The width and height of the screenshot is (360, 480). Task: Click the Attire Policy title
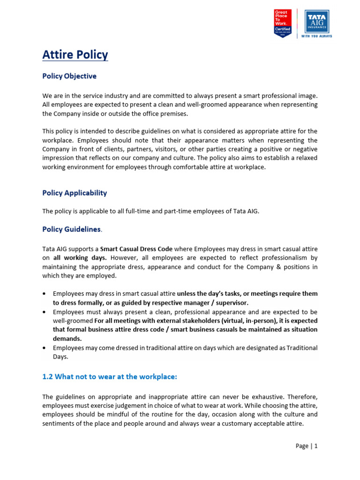tap(75, 55)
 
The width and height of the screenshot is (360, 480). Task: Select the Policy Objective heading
tap(69, 76)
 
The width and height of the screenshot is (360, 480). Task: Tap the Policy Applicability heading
tap(75, 193)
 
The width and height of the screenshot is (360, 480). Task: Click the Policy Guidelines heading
tap(71, 229)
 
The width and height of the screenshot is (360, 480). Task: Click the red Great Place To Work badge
tap(283, 23)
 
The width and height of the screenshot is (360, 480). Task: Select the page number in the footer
tap(307, 446)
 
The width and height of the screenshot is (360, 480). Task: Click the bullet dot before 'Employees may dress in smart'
tap(45, 294)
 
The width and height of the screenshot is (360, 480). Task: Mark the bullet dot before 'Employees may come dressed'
tap(45, 348)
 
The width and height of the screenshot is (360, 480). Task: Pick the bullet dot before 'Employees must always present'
tap(45, 312)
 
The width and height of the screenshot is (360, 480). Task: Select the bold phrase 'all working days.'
tap(80, 258)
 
